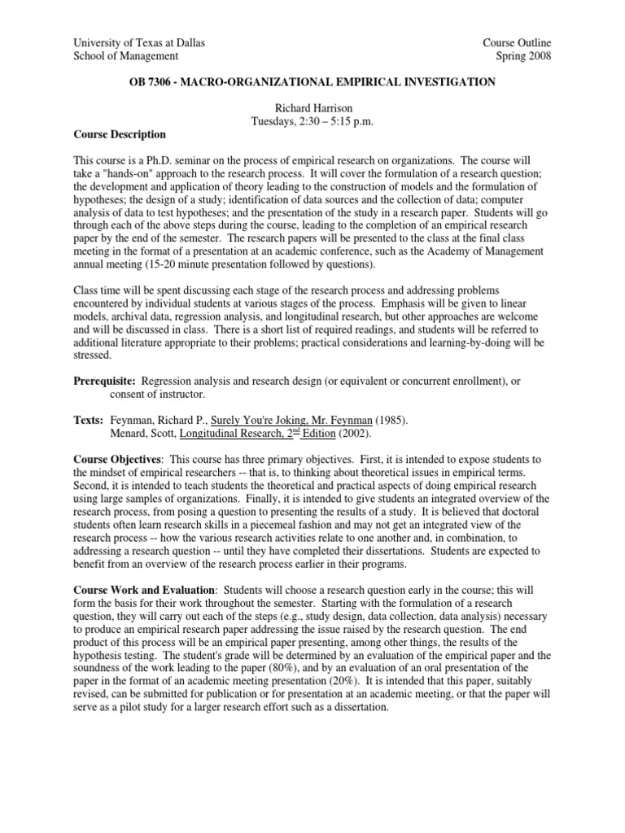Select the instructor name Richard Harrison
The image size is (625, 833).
(x=313, y=108)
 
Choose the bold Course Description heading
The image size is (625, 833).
(x=120, y=134)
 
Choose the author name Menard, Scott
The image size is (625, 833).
(x=141, y=433)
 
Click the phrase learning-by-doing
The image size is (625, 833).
(x=483, y=342)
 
